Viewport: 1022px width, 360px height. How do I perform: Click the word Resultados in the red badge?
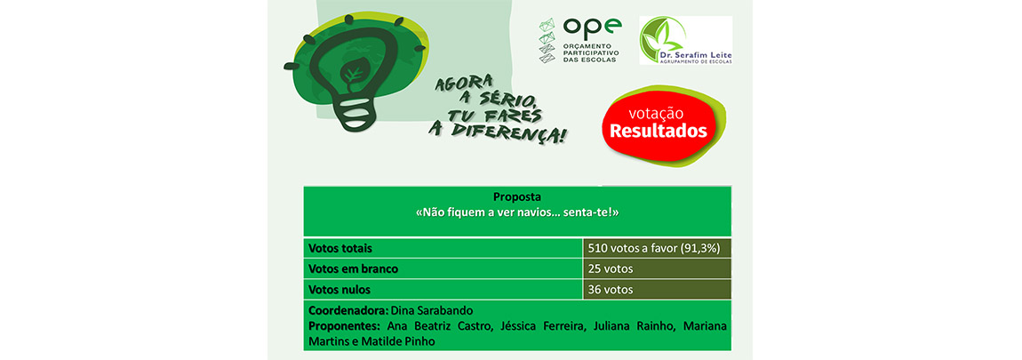click(x=658, y=131)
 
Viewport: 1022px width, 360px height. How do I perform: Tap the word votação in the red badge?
click(x=656, y=113)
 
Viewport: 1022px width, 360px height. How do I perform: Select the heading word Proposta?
click(x=517, y=196)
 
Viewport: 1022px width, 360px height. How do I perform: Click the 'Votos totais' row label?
click(x=340, y=249)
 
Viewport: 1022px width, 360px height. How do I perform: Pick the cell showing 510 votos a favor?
click(x=657, y=248)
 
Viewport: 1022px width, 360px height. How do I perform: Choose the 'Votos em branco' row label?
click(x=353, y=268)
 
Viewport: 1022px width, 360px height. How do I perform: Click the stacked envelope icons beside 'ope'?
click(x=547, y=40)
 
